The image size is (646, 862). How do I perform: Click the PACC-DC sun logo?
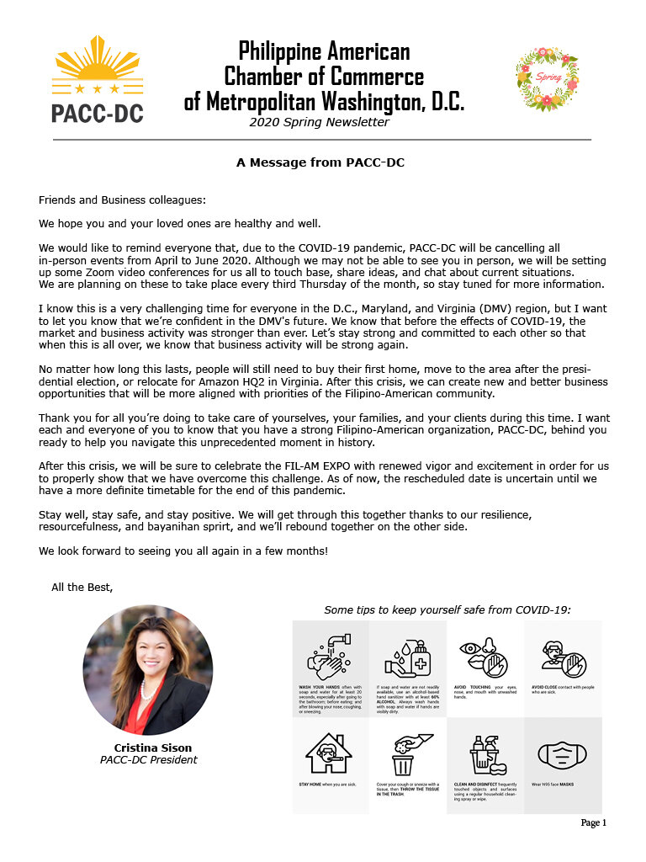[98, 80]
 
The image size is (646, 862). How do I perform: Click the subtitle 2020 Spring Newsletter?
[319, 122]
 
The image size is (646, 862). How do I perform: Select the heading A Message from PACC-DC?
[320, 162]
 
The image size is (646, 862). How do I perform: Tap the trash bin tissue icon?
[406, 753]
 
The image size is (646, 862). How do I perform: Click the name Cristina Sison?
[152, 748]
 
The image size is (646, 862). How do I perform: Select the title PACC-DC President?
[149, 760]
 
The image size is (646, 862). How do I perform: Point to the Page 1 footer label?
[592, 822]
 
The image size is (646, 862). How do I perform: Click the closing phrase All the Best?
[82, 588]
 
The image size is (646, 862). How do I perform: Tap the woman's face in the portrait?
[145, 656]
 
